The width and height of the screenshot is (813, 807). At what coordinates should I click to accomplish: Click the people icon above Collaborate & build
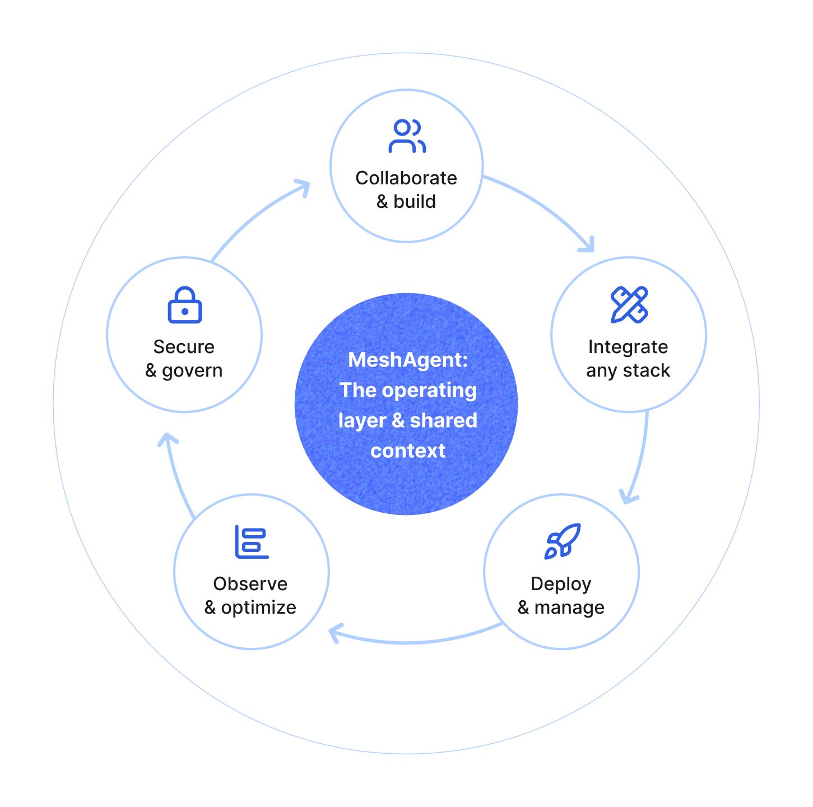tap(407, 136)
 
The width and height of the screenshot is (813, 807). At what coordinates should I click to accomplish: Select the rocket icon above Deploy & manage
tap(563, 541)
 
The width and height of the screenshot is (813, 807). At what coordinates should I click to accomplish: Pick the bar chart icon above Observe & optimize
tap(252, 542)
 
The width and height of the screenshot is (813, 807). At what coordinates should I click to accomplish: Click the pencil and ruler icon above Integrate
tap(629, 305)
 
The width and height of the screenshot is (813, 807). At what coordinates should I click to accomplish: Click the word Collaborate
tap(406, 178)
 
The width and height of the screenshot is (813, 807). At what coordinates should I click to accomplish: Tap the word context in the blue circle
tap(408, 451)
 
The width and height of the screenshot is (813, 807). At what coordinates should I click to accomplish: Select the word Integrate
tap(628, 347)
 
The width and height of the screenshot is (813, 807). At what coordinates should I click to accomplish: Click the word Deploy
tap(561, 584)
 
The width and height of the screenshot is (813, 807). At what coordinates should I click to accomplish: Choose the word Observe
tap(250, 584)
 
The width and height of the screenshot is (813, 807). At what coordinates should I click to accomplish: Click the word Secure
tap(184, 347)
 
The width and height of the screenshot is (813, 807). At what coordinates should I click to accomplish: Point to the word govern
tap(192, 370)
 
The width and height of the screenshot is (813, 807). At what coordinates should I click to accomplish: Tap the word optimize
tap(258, 607)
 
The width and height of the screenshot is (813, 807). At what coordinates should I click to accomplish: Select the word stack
tap(647, 370)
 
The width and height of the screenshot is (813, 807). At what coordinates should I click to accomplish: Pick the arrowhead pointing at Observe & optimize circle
tap(335, 634)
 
